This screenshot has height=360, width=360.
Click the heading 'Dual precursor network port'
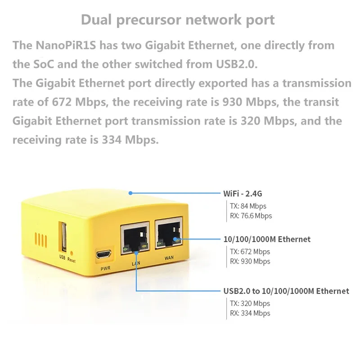coord(178,20)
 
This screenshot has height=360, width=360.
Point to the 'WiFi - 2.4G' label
coord(243,194)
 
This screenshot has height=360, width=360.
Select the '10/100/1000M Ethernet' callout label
coord(267,239)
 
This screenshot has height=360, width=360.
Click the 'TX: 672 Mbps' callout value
coord(250,252)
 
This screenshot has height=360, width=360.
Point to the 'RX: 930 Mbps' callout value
coord(250,261)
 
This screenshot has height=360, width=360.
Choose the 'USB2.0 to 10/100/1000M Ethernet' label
coord(286,291)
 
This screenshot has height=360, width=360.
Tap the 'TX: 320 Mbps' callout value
coord(250,303)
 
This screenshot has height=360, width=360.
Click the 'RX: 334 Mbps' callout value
coord(250,313)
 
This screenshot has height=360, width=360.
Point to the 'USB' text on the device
coord(63,257)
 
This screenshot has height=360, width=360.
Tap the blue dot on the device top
coord(130,193)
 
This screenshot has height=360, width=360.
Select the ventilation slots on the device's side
coord(41,238)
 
